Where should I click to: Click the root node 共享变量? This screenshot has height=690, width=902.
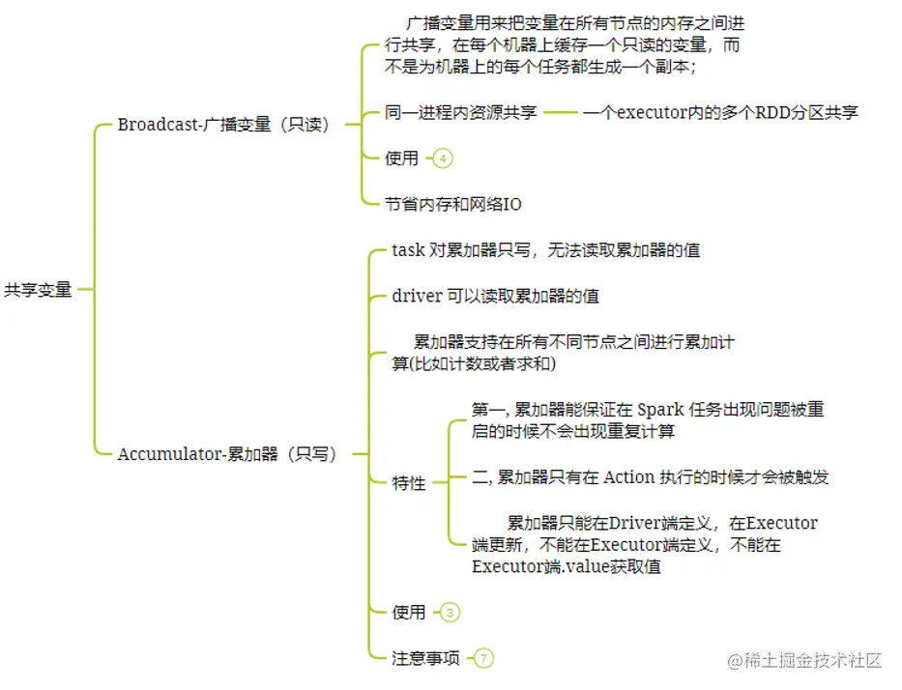[39, 289]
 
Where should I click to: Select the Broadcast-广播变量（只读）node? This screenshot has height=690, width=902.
[223, 125]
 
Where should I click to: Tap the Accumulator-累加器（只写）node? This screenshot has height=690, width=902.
[227, 453]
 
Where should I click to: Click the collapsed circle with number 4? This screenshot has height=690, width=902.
[443, 158]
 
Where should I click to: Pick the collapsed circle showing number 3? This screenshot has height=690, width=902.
[450, 612]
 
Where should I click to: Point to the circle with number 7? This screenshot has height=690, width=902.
[483, 658]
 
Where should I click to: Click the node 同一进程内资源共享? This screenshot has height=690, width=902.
[461, 112]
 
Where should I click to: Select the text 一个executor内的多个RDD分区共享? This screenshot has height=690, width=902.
[720, 112]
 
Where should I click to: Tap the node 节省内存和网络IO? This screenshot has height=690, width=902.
[453, 204]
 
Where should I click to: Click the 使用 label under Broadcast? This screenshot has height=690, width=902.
[402, 158]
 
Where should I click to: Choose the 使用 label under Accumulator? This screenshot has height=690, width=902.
[409, 612]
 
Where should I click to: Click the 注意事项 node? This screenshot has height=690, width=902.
[425, 658]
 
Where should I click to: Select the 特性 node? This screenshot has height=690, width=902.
[409, 483]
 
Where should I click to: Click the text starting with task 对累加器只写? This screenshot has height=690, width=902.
[545, 250]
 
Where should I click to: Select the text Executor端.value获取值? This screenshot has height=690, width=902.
[567, 567]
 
